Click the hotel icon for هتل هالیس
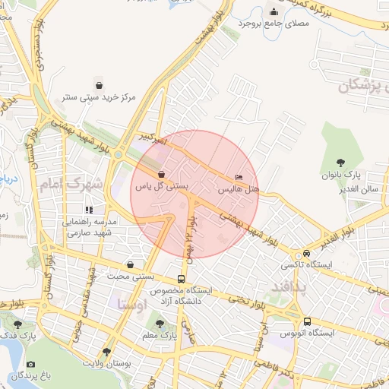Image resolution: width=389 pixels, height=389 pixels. pyautogui.click(x=240, y=177)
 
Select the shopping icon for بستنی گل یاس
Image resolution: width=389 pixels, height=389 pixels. pyautogui.click(x=161, y=174)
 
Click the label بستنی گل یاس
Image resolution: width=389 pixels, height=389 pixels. pyautogui.click(x=161, y=185)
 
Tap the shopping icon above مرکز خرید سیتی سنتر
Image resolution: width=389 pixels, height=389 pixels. pyautogui.click(x=99, y=84)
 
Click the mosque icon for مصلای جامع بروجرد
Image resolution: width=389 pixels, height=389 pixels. pyautogui.click(x=274, y=12)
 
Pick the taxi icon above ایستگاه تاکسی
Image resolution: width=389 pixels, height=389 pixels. pyautogui.click(x=306, y=253)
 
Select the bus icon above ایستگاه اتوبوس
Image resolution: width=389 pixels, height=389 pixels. pyautogui.click(x=307, y=321)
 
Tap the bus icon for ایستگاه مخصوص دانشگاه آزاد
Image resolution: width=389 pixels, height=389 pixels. pyautogui.click(x=181, y=279)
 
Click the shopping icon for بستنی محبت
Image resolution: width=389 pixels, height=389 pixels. pyautogui.click(x=130, y=265)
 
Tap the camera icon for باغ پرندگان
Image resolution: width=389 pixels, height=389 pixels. pyautogui.click(x=11, y=375)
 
